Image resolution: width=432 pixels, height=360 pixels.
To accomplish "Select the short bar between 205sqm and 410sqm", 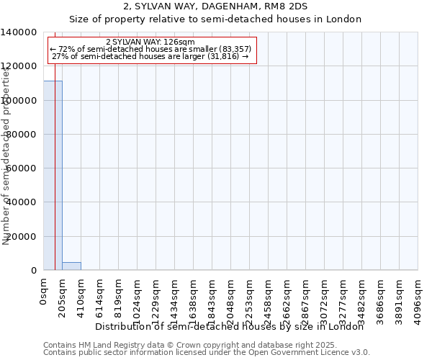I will (71, 266).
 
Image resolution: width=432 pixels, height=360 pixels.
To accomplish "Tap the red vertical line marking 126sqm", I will (55, 180).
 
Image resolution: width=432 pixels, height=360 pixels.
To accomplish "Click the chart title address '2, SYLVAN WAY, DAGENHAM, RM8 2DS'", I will (215, 6).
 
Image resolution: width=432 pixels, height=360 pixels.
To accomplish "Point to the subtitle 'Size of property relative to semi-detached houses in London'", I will (215, 19).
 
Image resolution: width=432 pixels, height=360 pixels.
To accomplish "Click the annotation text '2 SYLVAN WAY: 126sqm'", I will (150, 42).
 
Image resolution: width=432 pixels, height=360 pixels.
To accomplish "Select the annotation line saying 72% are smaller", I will (150, 49).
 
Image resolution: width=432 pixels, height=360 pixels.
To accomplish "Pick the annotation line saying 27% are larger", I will (150, 56).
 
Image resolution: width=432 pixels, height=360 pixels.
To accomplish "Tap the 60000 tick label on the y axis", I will (22, 168).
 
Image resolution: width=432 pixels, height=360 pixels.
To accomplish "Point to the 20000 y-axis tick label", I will (22, 236).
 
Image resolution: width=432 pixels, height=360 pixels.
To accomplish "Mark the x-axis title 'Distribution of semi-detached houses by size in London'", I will (230, 326).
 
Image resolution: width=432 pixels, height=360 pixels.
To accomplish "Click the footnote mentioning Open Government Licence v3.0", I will (207, 353).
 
